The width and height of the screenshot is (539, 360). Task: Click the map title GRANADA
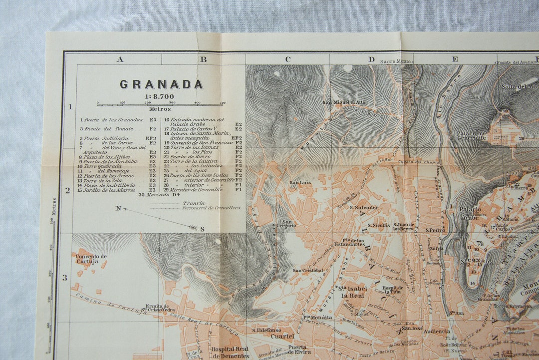[x=161, y=84]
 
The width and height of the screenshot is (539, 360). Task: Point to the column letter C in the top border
[x=288, y=59]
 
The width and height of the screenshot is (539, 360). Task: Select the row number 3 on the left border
[x=64, y=278]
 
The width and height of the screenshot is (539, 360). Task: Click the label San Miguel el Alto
[x=344, y=103]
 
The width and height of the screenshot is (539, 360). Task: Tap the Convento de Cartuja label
[x=91, y=259]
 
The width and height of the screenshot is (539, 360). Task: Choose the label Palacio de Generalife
[x=471, y=136]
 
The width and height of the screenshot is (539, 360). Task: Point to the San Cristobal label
[x=307, y=271]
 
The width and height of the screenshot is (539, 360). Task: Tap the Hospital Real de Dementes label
[x=230, y=353]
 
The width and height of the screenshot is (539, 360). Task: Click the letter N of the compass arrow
[x=118, y=208]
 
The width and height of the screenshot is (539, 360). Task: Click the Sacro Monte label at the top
[x=396, y=61]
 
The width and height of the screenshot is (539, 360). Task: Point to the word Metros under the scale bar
[x=160, y=109]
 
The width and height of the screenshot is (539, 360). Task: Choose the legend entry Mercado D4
[x=159, y=195]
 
